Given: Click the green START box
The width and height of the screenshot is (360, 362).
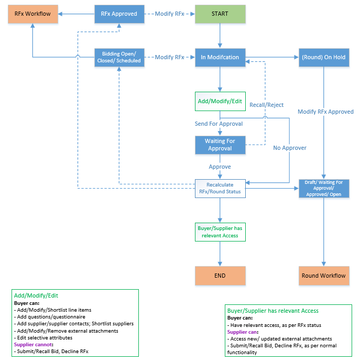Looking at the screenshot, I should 220,14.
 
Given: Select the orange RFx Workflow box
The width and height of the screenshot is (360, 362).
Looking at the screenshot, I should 32,14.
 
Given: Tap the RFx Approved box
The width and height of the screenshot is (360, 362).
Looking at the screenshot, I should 119,14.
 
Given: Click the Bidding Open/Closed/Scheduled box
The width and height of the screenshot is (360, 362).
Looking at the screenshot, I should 119,57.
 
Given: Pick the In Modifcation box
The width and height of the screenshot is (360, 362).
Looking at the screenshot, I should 220,57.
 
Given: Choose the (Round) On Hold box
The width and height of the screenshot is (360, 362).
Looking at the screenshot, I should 323,57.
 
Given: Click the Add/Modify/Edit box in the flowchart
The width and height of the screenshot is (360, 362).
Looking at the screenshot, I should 220,102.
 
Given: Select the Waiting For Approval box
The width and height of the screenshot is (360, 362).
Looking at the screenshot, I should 220,145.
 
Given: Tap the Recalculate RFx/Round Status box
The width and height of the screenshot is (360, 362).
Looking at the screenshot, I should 220,189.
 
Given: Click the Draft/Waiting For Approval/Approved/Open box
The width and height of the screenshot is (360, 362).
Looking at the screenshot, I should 323,189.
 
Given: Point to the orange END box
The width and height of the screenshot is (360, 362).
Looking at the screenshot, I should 220,276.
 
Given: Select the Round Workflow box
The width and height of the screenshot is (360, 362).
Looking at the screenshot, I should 323,276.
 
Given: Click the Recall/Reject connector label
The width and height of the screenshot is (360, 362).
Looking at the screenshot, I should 266,105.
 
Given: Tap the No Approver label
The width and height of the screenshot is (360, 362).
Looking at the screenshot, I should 289,148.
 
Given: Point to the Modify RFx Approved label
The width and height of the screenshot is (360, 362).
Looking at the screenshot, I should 325,112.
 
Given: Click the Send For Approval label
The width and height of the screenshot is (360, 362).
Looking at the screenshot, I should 219,124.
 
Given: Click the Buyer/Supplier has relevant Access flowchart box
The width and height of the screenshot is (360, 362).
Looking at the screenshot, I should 220,232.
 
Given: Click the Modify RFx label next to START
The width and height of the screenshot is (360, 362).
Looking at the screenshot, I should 169,14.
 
